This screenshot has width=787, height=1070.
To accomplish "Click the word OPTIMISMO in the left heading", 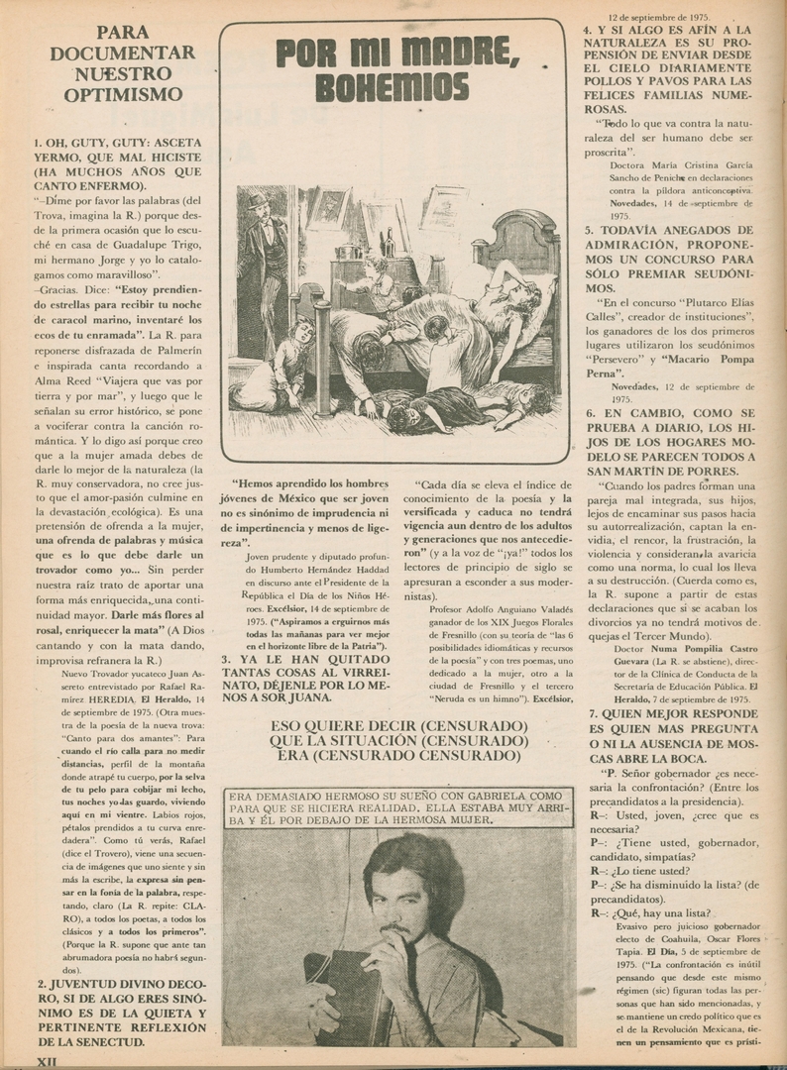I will tap(123, 95).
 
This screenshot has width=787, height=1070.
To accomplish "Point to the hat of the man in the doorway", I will tap(259, 200).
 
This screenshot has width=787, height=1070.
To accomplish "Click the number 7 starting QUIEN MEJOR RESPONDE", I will tap(592, 713).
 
